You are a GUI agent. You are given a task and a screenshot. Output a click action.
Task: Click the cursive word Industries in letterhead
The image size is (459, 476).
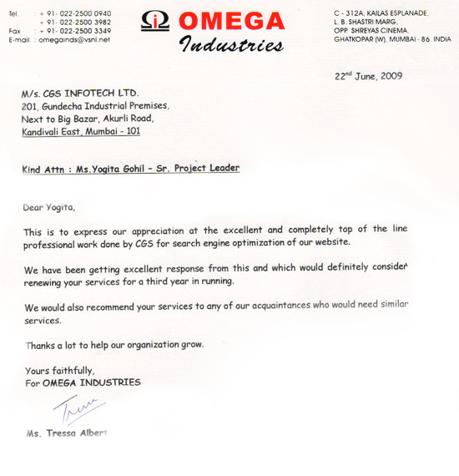pyautogui.click(x=231, y=44)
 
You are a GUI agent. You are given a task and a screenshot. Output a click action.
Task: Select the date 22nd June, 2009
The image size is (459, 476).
pyautogui.click(x=369, y=76)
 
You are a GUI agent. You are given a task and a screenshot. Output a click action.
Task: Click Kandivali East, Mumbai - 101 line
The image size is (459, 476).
pyautogui.click(x=81, y=131)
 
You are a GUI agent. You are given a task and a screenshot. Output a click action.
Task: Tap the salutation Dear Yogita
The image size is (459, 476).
pyautogui.click(x=49, y=206)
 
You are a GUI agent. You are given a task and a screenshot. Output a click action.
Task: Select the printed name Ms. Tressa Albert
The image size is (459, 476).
pyautogui.click(x=67, y=434)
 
